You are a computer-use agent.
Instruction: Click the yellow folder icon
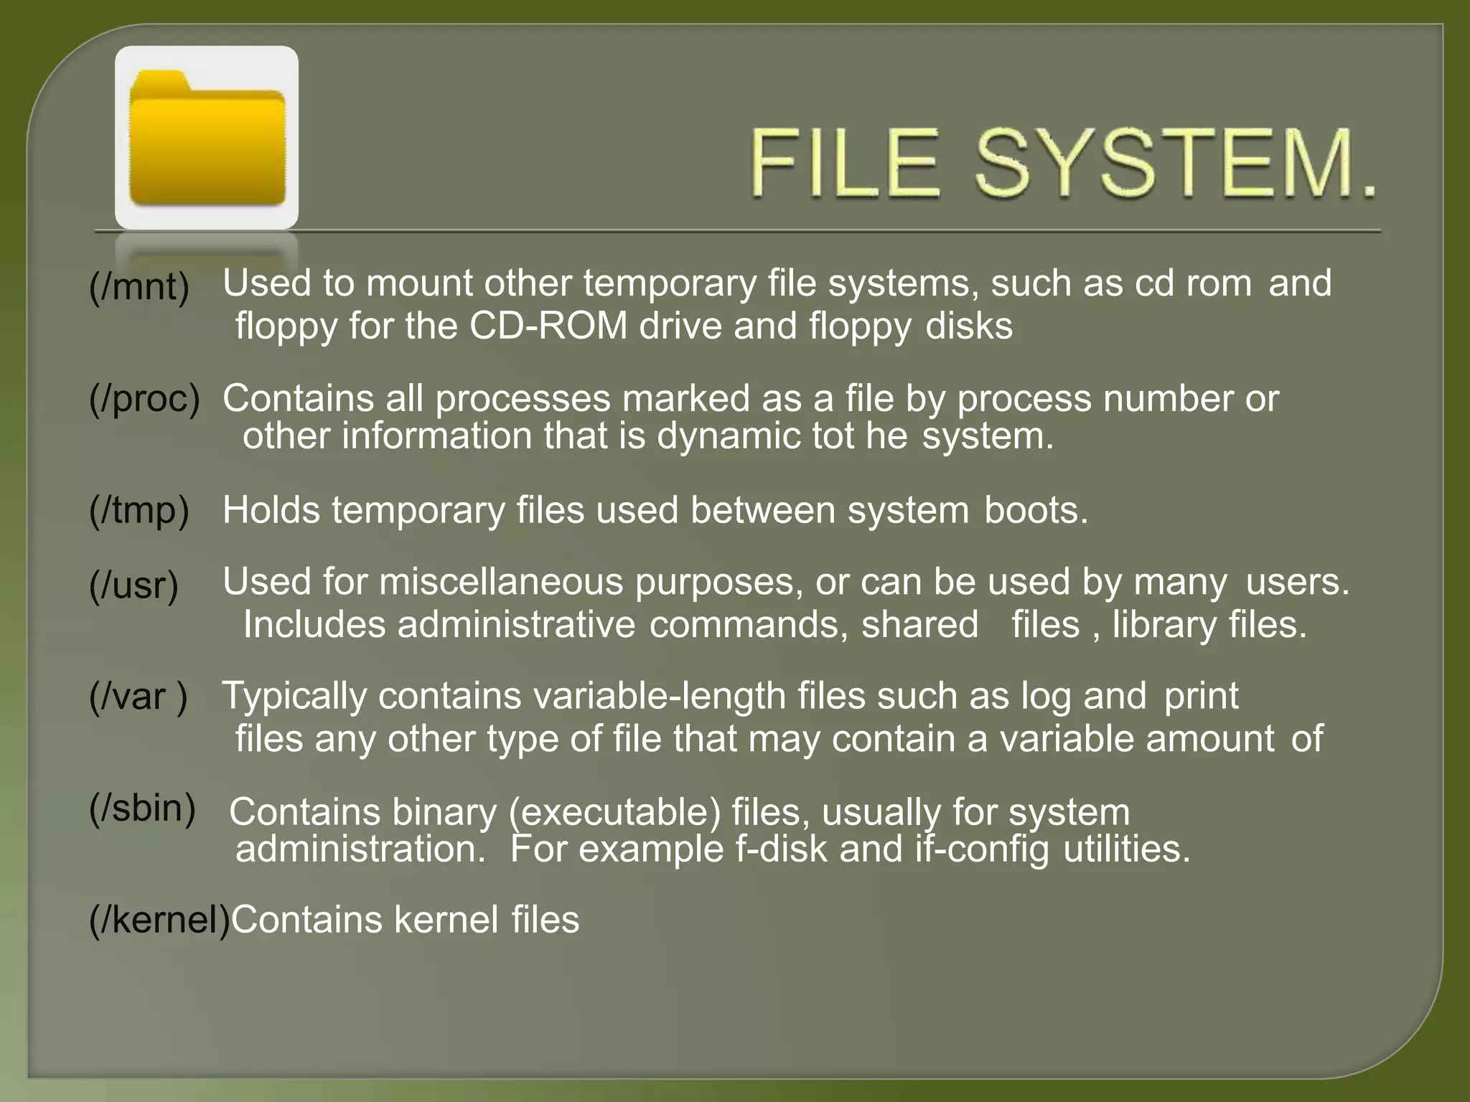[207, 138]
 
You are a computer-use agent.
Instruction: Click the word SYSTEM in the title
[1176, 164]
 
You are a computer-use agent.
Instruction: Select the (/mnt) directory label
[139, 286]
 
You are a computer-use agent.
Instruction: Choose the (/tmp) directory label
[139, 510]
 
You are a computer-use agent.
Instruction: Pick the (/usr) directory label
[134, 585]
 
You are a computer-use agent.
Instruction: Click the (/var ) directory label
[139, 697]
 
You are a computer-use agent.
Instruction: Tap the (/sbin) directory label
[142, 809]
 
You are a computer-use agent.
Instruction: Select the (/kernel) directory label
[159, 920]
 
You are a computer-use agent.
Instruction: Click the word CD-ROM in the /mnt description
[548, 326]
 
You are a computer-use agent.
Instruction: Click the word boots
[1036, 511]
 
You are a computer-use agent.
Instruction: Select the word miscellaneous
[501, 582]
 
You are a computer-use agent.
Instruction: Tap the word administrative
[516, 625]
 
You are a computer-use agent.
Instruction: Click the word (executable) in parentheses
[614, 812]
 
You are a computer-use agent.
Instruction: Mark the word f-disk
[781, 849]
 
